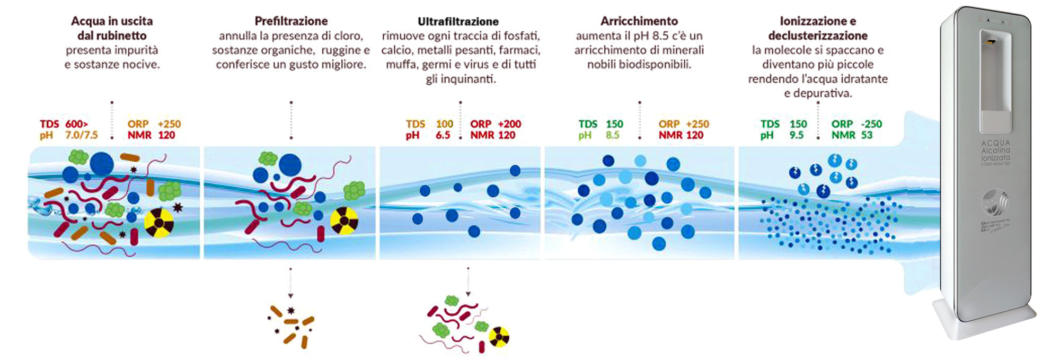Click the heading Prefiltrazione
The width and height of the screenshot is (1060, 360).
tap(291, 21)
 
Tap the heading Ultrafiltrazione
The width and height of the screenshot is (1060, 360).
tap(458, 22)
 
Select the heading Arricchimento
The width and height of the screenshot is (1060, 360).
tap(639, 21)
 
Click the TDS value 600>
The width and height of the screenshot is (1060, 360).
tap(77, 124)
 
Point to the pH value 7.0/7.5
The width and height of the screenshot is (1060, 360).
tap(81, 135)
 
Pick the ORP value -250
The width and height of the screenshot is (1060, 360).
tap(871, 124)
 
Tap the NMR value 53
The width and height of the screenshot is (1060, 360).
tap(867, 135)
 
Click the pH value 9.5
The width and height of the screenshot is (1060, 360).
tap(796, 135)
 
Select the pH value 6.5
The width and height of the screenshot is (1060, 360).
tap(443, 135)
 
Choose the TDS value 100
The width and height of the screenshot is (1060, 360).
tap(444, 124)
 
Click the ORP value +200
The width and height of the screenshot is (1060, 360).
tap(509, 124)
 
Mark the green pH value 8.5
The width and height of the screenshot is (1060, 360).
tap(612, 135)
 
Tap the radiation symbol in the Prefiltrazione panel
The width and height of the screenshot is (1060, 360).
tap(344, 220)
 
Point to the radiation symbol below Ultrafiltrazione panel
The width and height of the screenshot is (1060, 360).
tap(499, 337)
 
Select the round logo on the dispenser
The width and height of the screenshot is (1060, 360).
tap(994, 202)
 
